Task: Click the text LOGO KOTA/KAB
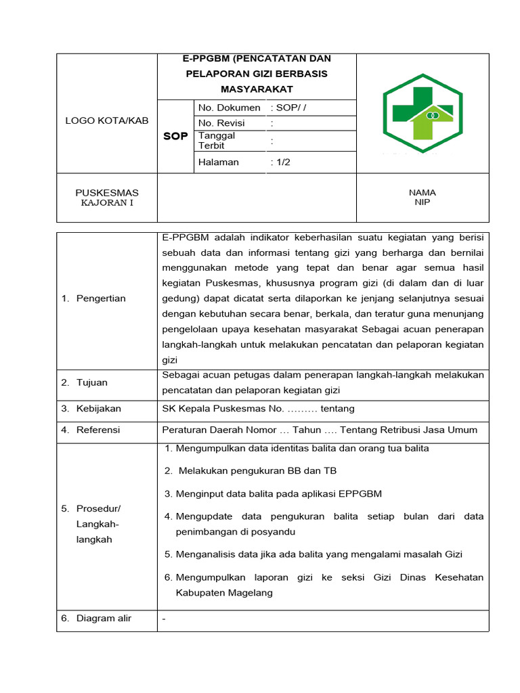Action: (x=106, y=120)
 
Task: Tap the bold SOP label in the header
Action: (x=175, y=136)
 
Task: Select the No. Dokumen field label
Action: (x=229, y=108)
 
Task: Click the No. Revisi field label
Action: (x=221, y=123)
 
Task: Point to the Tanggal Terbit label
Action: (x=217, y=141)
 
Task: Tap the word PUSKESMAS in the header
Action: (x=107, y=193)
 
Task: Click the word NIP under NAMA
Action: (x=422, y=202)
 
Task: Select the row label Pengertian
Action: (x=101, y=298)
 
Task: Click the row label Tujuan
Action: (x=92, y=382)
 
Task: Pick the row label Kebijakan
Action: (x=99, y=409)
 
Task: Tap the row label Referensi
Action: (x=98, y=430)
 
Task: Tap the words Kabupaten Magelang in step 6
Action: (x=224, y=593)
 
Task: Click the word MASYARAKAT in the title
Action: (x=257, y=89)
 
